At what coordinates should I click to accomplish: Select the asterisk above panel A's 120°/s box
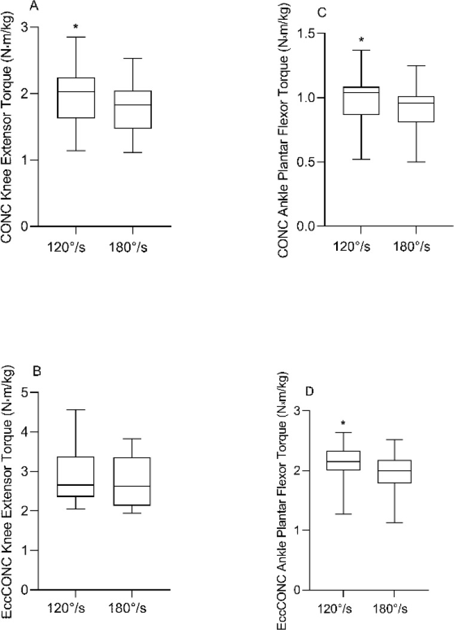point(76,27)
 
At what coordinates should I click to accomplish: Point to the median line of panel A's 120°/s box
point(76,92)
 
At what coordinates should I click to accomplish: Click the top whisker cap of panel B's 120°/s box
point(76,410)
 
